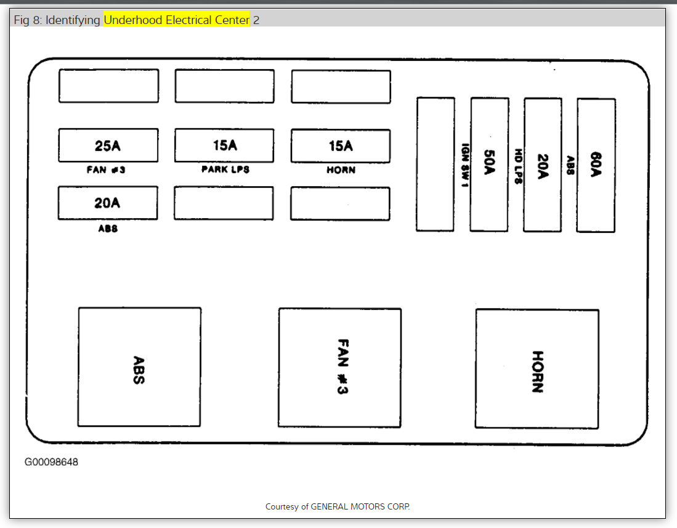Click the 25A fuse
[x=108, y=145]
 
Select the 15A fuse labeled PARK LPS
[x=224, y=145]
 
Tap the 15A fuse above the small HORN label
[x=341, y=146]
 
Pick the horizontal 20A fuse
[x=107, y=203]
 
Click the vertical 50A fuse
[x=489, y=164]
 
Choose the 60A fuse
[x=596, y=165]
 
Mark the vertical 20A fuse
[x=542, y=165]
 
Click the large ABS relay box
[x=139, y=367]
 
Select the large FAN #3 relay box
[x=340, y=367]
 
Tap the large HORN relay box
[x=537, y=368]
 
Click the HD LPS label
[x=519, y=165]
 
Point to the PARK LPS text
[x=225, y=169]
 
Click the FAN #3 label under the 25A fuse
[x=106, y=170]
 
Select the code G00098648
[x=51, y=462]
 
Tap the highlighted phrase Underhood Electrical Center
[x=177, y=20]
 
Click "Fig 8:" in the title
[x=26, y=20]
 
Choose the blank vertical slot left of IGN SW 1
[x=436, y=164]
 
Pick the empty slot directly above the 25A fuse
[x=108, y=86]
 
